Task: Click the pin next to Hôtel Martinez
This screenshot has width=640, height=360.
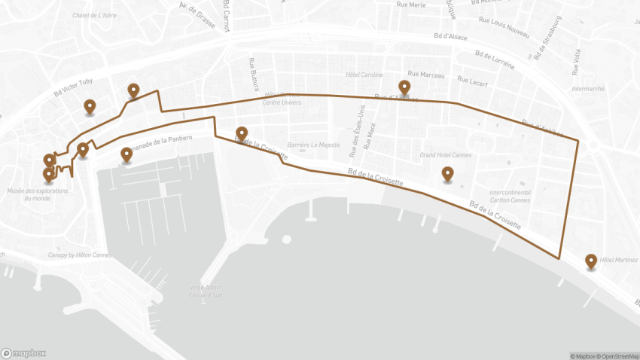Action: (591, 261)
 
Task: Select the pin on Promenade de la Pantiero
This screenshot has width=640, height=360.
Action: (126, 154)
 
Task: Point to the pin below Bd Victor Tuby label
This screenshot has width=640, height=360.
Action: (90, 107)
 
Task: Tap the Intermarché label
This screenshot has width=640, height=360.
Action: (588, 88)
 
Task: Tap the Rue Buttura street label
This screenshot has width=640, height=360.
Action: (253, 72)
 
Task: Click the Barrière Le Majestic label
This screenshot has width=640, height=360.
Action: (315, 145)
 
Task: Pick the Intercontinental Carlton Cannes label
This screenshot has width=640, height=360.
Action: (510, 196)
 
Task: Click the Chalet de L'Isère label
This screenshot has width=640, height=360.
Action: (94, 15)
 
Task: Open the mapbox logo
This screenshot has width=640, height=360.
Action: (24, 352)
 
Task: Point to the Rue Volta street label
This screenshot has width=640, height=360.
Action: (576, 63)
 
